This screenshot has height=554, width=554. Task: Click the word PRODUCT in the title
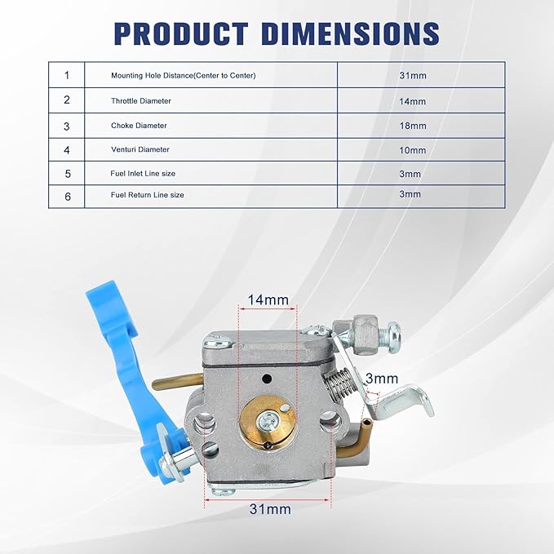pos(181,33)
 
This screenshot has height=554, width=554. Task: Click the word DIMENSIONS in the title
pos(352,33)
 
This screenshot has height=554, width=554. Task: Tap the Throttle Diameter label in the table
pos(141,101)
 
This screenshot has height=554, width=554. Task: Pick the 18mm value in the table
pos(413,126)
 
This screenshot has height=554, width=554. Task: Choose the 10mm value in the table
pos(412,150)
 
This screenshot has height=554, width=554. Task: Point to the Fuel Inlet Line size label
pos(143,174)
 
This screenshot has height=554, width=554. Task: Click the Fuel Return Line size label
pos(148,195)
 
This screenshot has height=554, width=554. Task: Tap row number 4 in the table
pos(67,150)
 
